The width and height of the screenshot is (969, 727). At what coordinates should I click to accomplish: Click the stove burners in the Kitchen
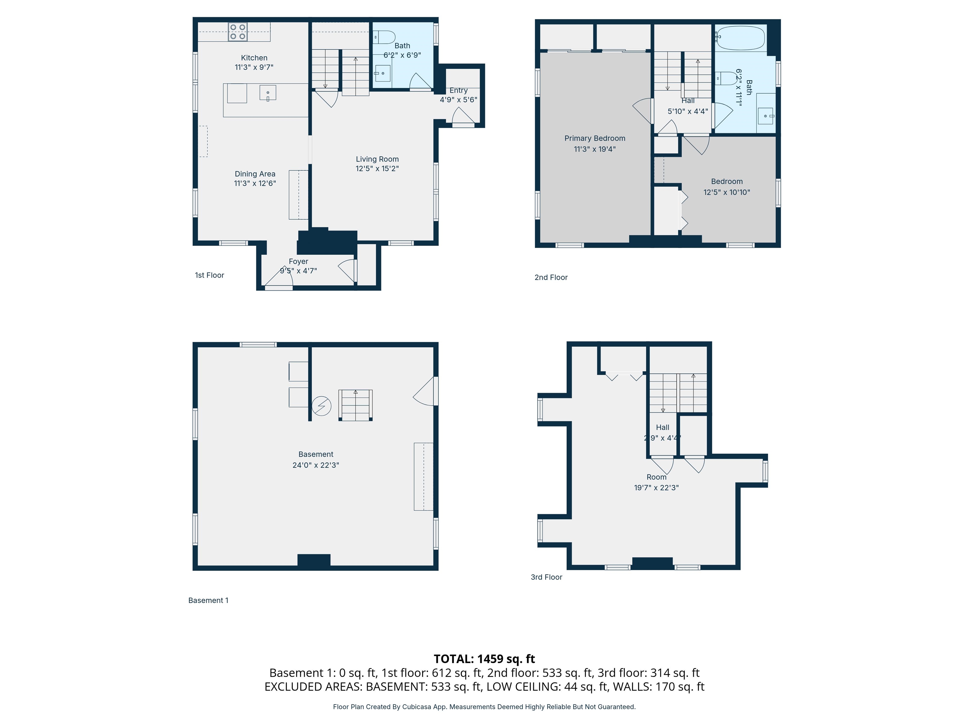(x=238, y=32)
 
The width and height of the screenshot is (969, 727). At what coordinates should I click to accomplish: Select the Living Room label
(x=377, y=159)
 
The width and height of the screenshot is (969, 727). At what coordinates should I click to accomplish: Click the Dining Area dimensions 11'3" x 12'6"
(x=255, y=184)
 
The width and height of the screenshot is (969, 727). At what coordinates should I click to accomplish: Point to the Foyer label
(x=298, y=261)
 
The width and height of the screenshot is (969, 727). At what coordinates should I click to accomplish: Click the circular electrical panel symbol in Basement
(x=321, y=406)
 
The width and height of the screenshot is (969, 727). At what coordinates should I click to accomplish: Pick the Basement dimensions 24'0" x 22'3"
(x=315, y=465)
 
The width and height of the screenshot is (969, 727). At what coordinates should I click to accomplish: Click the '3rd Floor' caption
(x=546, y=577)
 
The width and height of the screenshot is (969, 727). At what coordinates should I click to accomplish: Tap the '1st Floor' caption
(x=209, y=275)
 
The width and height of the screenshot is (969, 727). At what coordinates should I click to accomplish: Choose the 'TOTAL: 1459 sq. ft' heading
(x=484, y=659)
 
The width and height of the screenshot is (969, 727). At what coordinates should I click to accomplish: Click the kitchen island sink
(x=268, y=94)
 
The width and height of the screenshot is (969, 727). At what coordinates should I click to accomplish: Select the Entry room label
(x=458, y=90)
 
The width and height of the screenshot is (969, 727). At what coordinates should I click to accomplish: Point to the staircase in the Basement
(x=355, y=405)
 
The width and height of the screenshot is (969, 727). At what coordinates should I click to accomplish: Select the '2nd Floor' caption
(x=551, y=277)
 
